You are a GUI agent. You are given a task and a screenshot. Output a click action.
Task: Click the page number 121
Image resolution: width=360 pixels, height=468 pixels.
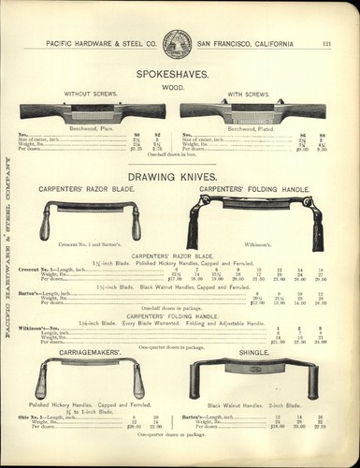tap(327, 43)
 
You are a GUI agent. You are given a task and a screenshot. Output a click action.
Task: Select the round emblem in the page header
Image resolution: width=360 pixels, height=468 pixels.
tap(177, 42)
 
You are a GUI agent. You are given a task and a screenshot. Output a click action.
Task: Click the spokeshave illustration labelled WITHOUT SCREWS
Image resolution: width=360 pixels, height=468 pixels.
tap(93, 110)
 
